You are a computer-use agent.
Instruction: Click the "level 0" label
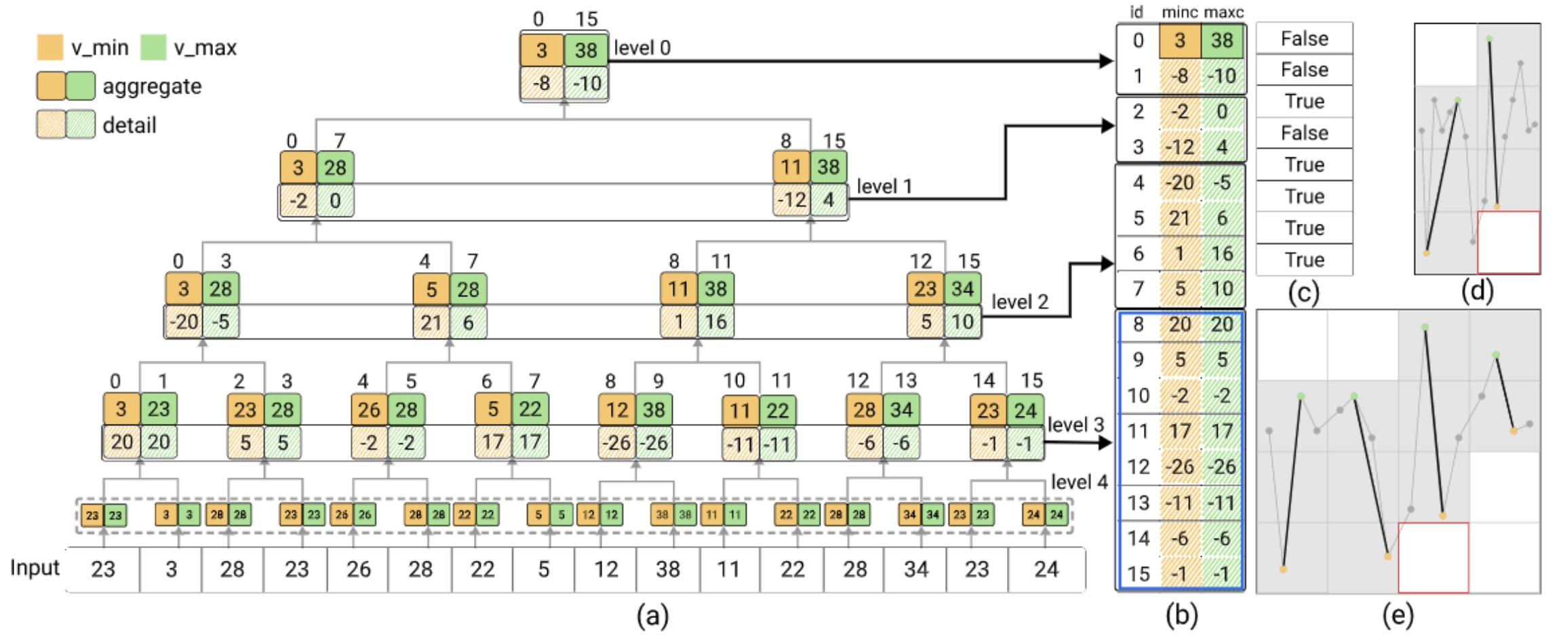(x=641, y=48)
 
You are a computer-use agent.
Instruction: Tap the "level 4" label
(x=1079, y=482)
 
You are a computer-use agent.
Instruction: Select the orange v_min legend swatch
(x=50, y=47)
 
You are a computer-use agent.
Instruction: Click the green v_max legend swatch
(x=153, y=47)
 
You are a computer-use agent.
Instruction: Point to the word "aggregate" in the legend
(x=152, y=87)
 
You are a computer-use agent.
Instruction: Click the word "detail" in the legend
(x=129, y=125)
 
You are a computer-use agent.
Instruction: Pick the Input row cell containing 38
(x=668, y=568)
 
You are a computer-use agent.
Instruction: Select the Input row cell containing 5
(x=544, y=568)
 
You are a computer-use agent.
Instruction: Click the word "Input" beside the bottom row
(x=35, y=567)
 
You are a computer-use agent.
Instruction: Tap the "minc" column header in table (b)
(x=1179, y=12)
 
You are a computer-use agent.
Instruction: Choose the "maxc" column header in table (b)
(x=1223, y=12)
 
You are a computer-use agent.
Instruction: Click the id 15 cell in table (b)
(x=1139, y=574)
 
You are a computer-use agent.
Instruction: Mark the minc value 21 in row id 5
(x=1179, y=218)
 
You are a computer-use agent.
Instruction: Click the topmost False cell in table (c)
(x=1304, y=39)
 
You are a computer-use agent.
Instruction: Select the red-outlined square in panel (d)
(x=1509, y=242)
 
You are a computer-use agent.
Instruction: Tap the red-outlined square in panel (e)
(x=1434, y=558)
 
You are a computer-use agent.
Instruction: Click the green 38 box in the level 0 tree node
(x=586, y=50)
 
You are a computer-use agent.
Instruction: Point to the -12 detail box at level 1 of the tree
(x=791, y=200)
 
